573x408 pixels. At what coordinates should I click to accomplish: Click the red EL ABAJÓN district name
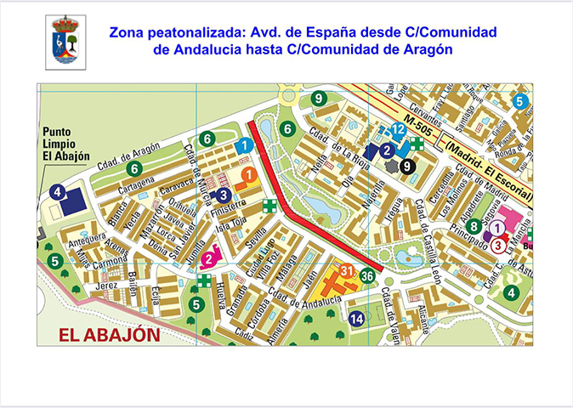(110, 334)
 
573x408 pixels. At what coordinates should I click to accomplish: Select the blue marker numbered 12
(397, 129)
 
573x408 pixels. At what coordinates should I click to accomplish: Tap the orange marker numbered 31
(346, 271)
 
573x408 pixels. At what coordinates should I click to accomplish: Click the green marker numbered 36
(367, 275)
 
